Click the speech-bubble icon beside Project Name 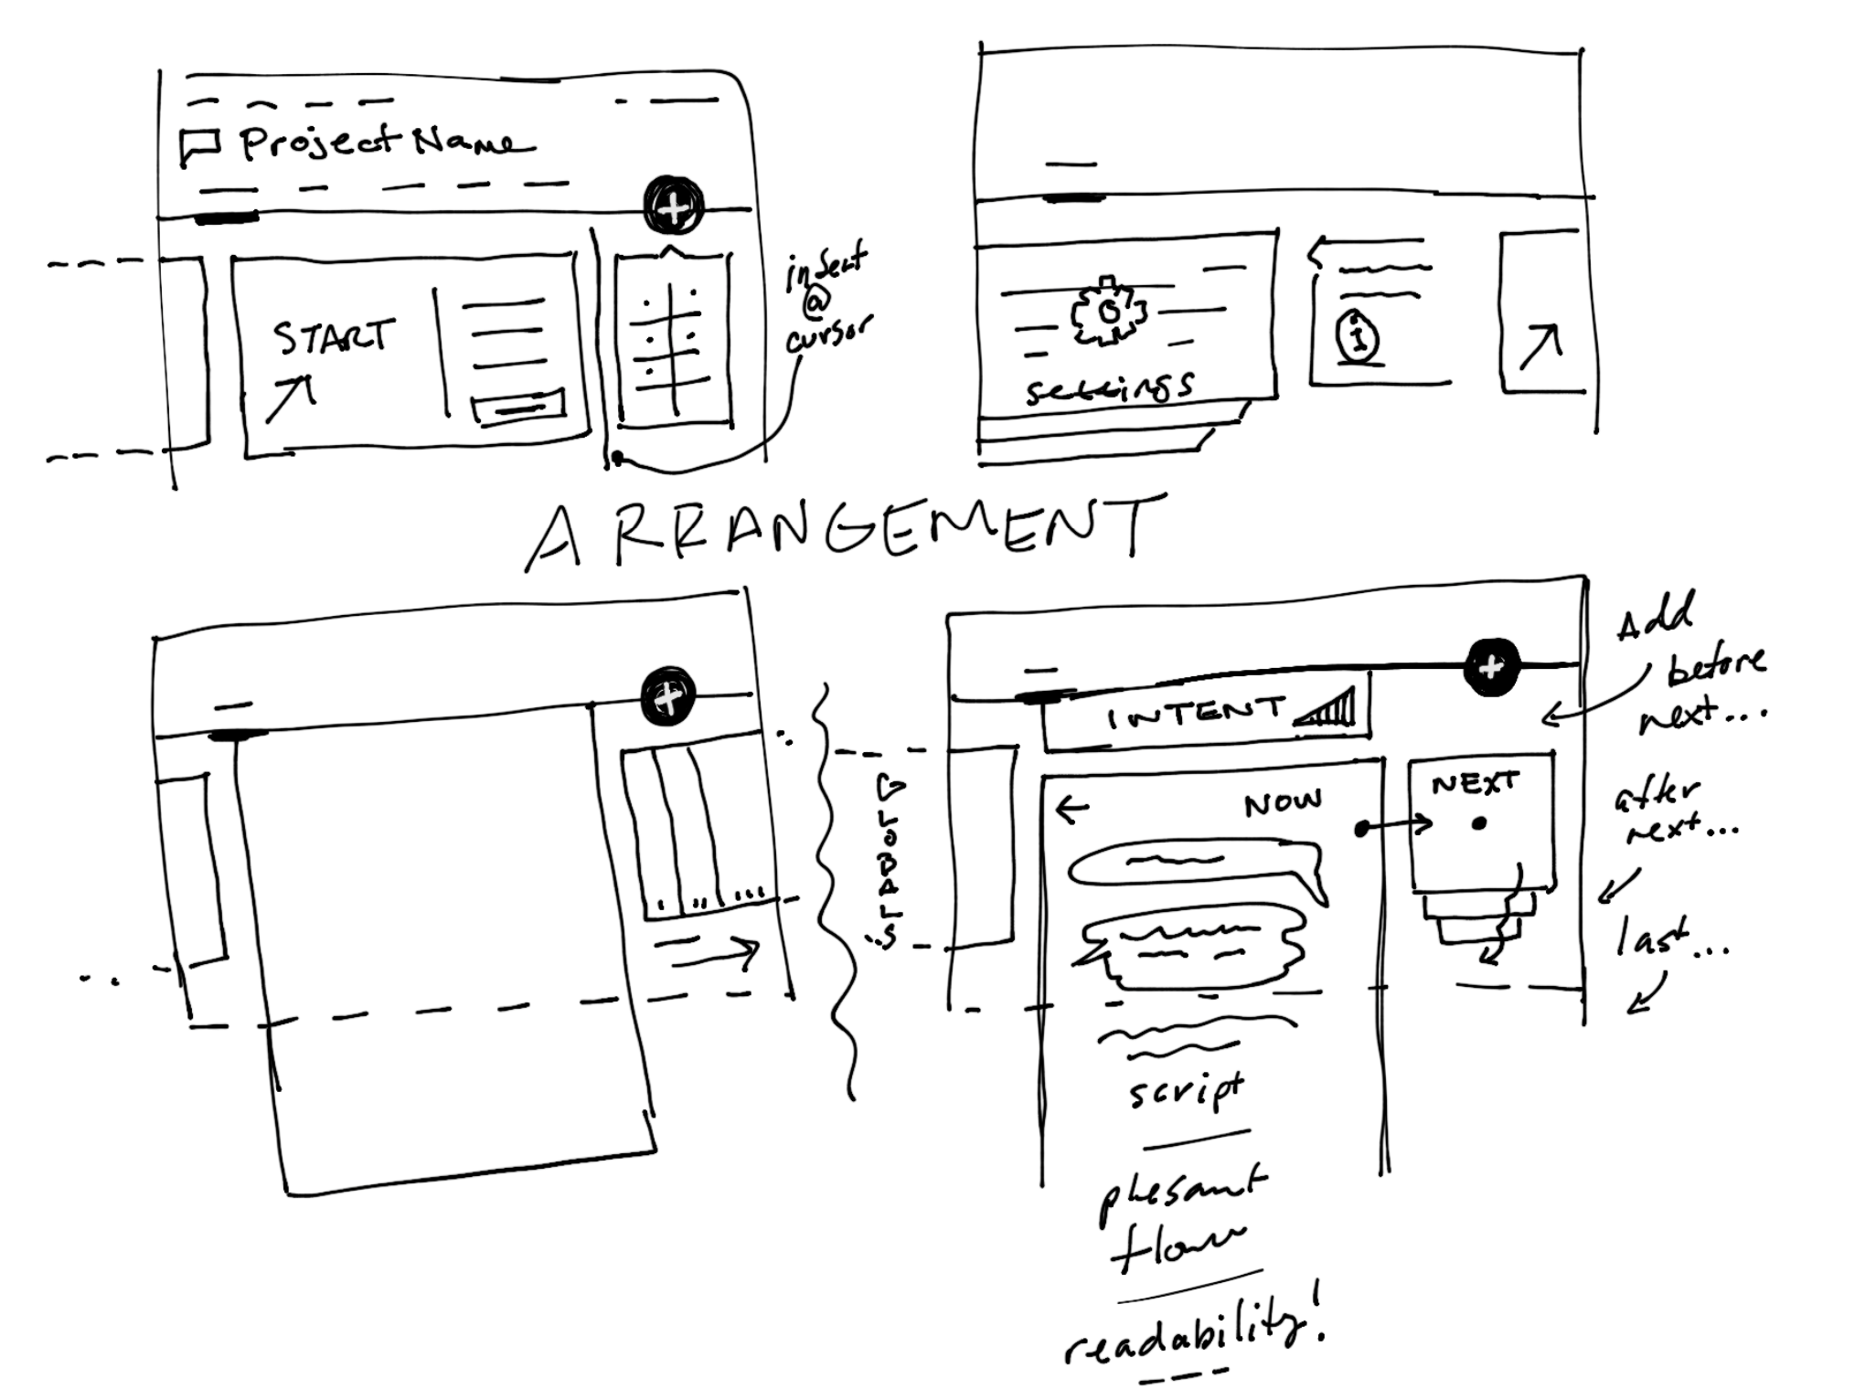click(199, 145)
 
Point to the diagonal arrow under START click(290, 399)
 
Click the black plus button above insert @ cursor click(674, 207)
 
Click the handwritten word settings click(1108, 387)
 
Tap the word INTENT click(1195, 714)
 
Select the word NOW click(1282, 803)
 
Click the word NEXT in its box click(1474, 783)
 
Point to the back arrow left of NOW click(1072, 808)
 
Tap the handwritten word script click(1186, 1089)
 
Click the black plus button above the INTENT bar click(1491, 666)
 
